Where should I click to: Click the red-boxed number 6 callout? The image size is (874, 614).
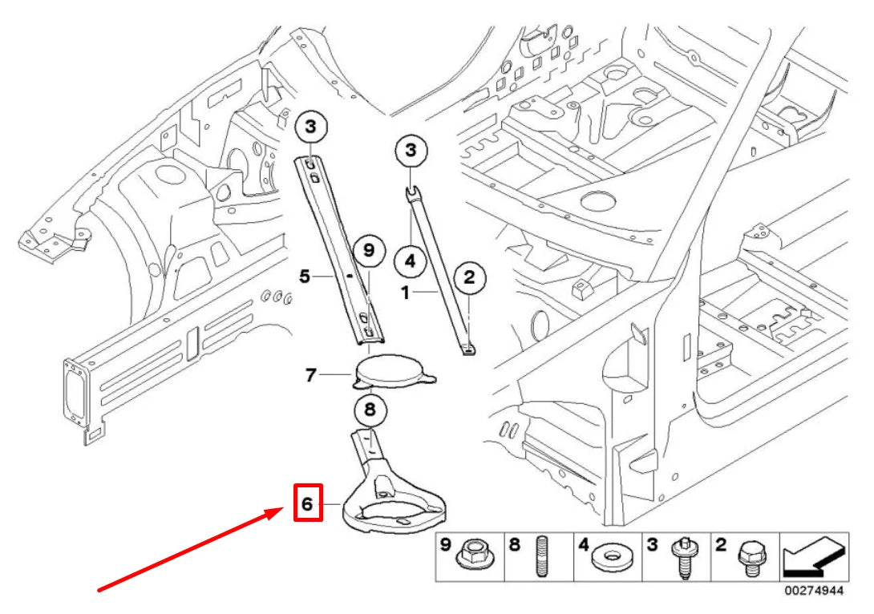coord(308,503)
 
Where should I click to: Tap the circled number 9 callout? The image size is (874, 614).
coord(369,250)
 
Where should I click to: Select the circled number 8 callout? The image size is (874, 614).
coord(370,410)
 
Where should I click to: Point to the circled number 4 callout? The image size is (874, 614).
coord(411,261)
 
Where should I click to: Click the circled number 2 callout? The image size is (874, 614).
coord(469,277)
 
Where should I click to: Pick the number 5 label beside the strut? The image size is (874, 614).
coord(305,276)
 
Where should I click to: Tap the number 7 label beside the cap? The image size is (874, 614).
coord(311,375)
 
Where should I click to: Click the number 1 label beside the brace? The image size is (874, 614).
coord(406,292)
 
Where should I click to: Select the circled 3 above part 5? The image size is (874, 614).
coord(310,127)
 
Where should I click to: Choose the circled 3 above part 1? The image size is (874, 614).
coord(411,150)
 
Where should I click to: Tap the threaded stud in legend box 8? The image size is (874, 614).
coord(541,555)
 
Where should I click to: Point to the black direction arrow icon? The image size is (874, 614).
coord(814,556)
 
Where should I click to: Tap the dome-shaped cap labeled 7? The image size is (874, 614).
coord(395,371)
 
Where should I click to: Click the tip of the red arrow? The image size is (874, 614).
coord(285,508)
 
